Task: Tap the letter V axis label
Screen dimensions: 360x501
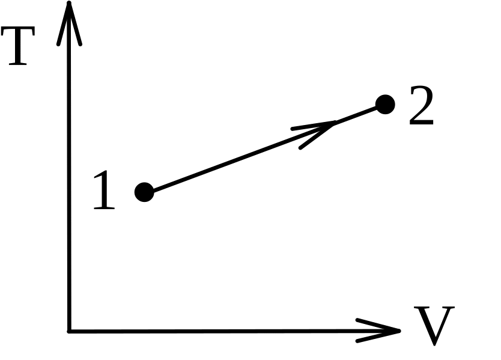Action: click(x=434, y=326)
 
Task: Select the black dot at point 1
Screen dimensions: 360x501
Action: click(x=144, y=192)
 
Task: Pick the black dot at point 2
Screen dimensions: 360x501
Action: click(x=385, y=105)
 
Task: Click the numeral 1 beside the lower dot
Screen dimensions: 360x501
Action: click(x=104, y=191)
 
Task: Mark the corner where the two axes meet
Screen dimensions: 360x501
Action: click(x=70, y=330)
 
